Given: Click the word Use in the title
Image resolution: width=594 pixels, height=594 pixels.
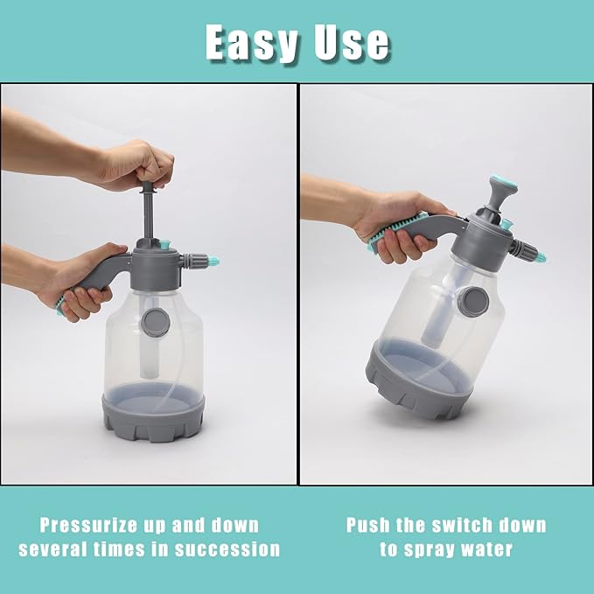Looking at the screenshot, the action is [x=352, y=43].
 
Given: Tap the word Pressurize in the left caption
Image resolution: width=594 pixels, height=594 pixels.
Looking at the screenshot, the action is [x=87, y=527].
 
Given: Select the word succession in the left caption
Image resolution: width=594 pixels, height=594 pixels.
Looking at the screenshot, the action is [x=227, y=549].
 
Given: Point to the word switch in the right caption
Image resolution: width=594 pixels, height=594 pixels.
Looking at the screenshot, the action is [x=463, y=526].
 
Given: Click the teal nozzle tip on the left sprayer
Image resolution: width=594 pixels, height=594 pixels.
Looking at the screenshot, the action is [x=213, y=261].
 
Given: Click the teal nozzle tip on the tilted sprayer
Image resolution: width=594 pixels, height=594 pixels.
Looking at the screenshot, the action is [x=541, y=257].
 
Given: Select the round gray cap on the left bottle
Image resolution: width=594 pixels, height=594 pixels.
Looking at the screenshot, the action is [x=156, y=322].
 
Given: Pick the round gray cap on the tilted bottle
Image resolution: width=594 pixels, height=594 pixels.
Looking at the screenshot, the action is [x=472, y=302].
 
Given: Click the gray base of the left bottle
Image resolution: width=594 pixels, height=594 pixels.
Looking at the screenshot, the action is [x=153, y=416].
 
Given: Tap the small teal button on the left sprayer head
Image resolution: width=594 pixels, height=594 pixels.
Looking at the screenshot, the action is [x=164, y=244].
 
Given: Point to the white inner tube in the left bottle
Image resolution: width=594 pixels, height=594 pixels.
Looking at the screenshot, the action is [x=150, y=337].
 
